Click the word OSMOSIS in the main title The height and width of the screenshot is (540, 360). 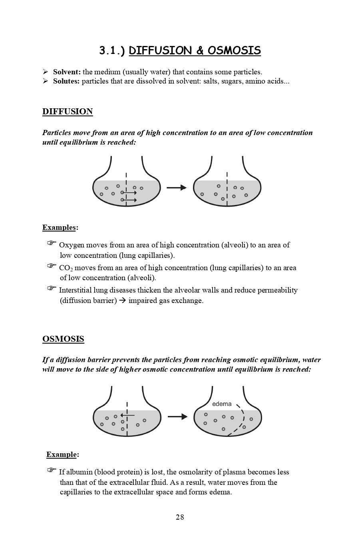[234, 51]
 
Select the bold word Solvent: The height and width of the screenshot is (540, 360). [67, 72]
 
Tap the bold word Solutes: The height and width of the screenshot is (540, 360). [66, 81]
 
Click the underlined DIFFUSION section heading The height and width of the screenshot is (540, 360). [68, 112]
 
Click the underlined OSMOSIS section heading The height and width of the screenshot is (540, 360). [63, 339]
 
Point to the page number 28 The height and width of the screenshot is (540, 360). [180, 517]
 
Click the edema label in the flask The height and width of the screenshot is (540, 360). [222, 404]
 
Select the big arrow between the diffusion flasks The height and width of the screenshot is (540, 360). [177, 187]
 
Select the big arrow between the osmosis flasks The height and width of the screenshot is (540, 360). [177, 416]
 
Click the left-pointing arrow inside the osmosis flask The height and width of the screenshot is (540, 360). [127, 416]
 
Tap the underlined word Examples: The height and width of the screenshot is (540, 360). [60, 227]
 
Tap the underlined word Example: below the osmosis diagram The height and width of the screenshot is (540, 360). [62, 454]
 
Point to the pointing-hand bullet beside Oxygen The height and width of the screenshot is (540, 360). [52, 243]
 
